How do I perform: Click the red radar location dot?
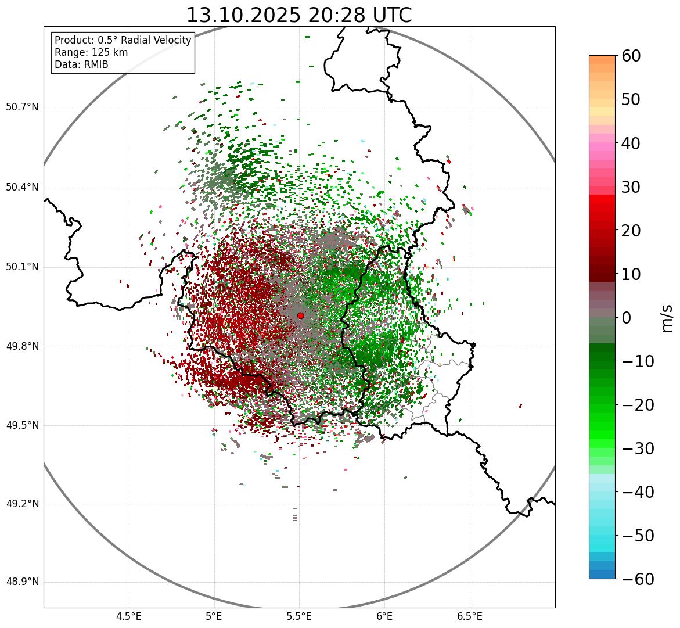click(x=300, y=315)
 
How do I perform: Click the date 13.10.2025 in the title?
click(x=243, y=15)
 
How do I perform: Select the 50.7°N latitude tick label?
click(x=22, y=107)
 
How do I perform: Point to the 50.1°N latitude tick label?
click(x=22, y=267)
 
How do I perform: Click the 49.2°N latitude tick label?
click(x=22, y=504)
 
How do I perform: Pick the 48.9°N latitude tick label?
click(x=22, y=582)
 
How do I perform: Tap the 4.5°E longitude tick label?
click(x=129, y=616)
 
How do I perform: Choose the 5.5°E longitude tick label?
click(x=299, y=616)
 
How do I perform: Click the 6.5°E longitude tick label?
click(x=469, y=616)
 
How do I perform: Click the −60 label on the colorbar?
click(x=638, y=579)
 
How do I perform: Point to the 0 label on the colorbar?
click(x=627, y=318)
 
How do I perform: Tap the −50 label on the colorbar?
click(x=638, y=536)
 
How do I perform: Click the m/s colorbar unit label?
click(x=667, y=318)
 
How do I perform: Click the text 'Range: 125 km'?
click(x=91, y=52)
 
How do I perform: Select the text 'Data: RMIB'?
click(x=81, y=64)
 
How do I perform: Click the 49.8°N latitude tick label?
click(x=22, y=347)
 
